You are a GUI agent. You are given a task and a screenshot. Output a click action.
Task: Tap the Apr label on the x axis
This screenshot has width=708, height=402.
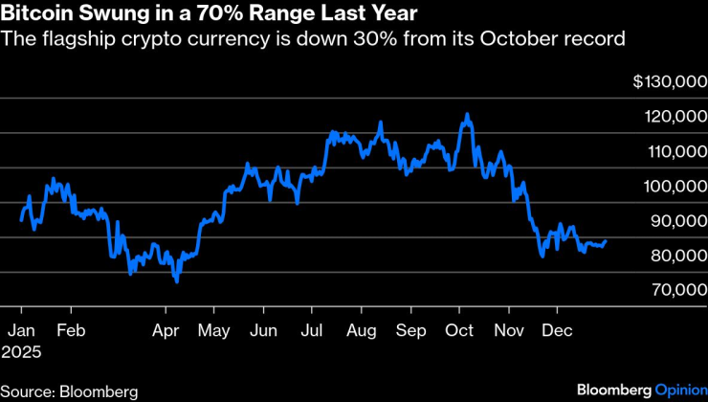point(166,330)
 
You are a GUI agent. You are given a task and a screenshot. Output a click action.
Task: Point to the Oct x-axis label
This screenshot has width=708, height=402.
point(460,330)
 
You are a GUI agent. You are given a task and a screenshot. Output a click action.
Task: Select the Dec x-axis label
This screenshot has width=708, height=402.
point(557,330)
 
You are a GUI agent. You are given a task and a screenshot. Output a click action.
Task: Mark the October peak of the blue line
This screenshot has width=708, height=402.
point(466,114)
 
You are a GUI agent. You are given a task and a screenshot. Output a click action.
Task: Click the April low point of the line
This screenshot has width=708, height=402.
point(176,281)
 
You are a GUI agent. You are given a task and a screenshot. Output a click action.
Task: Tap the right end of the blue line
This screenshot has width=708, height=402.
point(606,241)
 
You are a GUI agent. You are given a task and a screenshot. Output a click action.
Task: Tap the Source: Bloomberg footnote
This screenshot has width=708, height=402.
point(70,391)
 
